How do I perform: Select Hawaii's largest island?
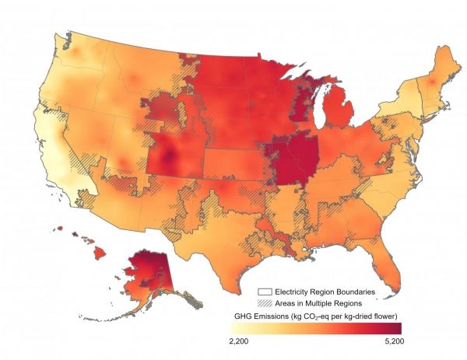[x=104, y=253]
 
